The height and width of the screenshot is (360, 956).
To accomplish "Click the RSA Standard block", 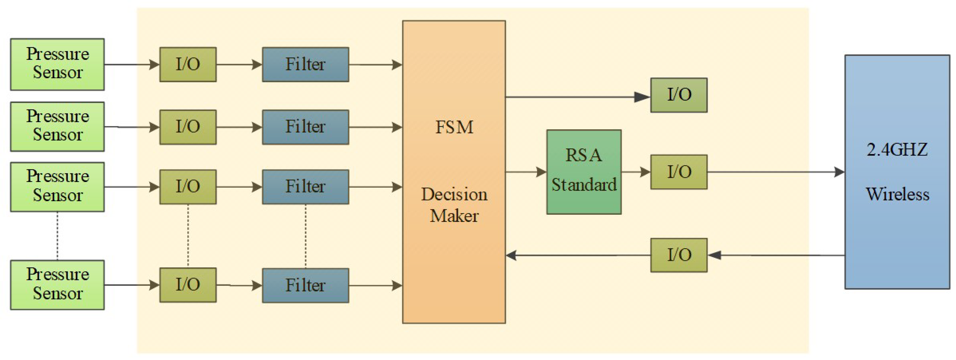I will pyautogui.click(x=584, y=172).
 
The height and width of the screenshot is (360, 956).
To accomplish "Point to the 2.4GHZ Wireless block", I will pyautogui.click(x=897, y=172).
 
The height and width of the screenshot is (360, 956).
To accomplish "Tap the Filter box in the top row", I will pyautogui.click(x=305, y=64).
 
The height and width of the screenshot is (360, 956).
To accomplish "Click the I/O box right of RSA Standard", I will pyautogui.click(x=679, y=172).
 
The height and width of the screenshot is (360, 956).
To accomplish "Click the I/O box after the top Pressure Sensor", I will pyautogui.click(x=188, y=64).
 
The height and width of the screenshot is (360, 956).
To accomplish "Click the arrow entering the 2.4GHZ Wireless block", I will pyautogui.click(x=776, y=172).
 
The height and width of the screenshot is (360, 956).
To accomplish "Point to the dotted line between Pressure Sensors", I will pyautogui.click(x=57, y=236).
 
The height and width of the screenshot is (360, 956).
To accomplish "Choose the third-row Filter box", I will pyautogui.click(x=305, y=187).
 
